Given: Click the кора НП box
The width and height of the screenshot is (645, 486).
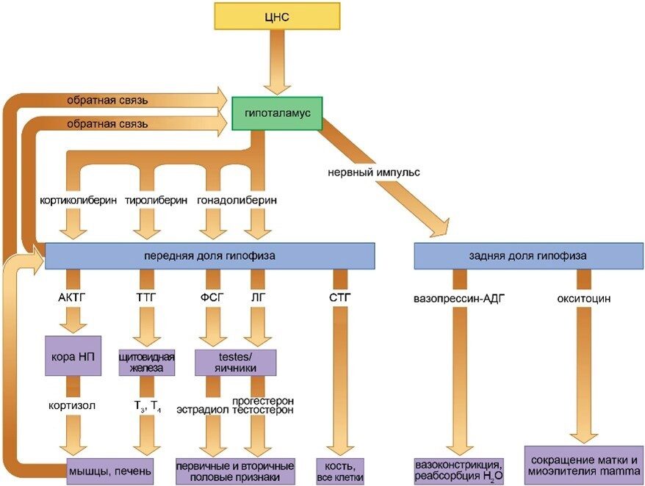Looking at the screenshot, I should (72, 356).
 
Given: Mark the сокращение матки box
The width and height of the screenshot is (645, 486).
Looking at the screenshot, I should (584, 464).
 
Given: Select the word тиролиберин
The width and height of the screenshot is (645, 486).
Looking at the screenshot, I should (154, 200).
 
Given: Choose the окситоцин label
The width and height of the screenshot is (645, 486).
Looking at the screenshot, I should (585, 299).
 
